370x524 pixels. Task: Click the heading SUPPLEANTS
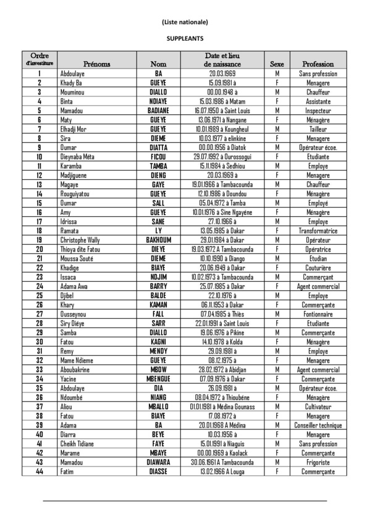pyautogui.click(x=185, y=38)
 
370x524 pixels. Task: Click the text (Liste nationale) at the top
pyautogui.click(x=185, y=22)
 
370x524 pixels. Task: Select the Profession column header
pyautogui.click(x=318, y=64)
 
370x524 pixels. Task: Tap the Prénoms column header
pyautogui.click(x=97, y=64)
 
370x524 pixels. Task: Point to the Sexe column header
pyautogui.click(x=277, y=64)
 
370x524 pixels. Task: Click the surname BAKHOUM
pyautogui.click(x=158, y=240)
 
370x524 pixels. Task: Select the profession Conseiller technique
pyautogui.click(x=318, y=425)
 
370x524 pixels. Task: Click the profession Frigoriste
pyautogui.click(x=318, y=462)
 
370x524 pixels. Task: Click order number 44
pyautogui.click(x=39, y=471)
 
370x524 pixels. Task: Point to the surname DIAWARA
pyautogui.click(x=158, y=462)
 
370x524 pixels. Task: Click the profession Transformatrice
pyautogui.click(x=318, y=230)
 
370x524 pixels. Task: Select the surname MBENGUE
pyautogui.click(x=158, y=379)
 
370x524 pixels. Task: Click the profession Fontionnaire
pyautogui.click(x=318, y=314)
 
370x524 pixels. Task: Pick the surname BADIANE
pyautogui.click(x=158, y=111)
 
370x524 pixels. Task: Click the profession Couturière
pyautogui.click(x=318, y=268)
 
